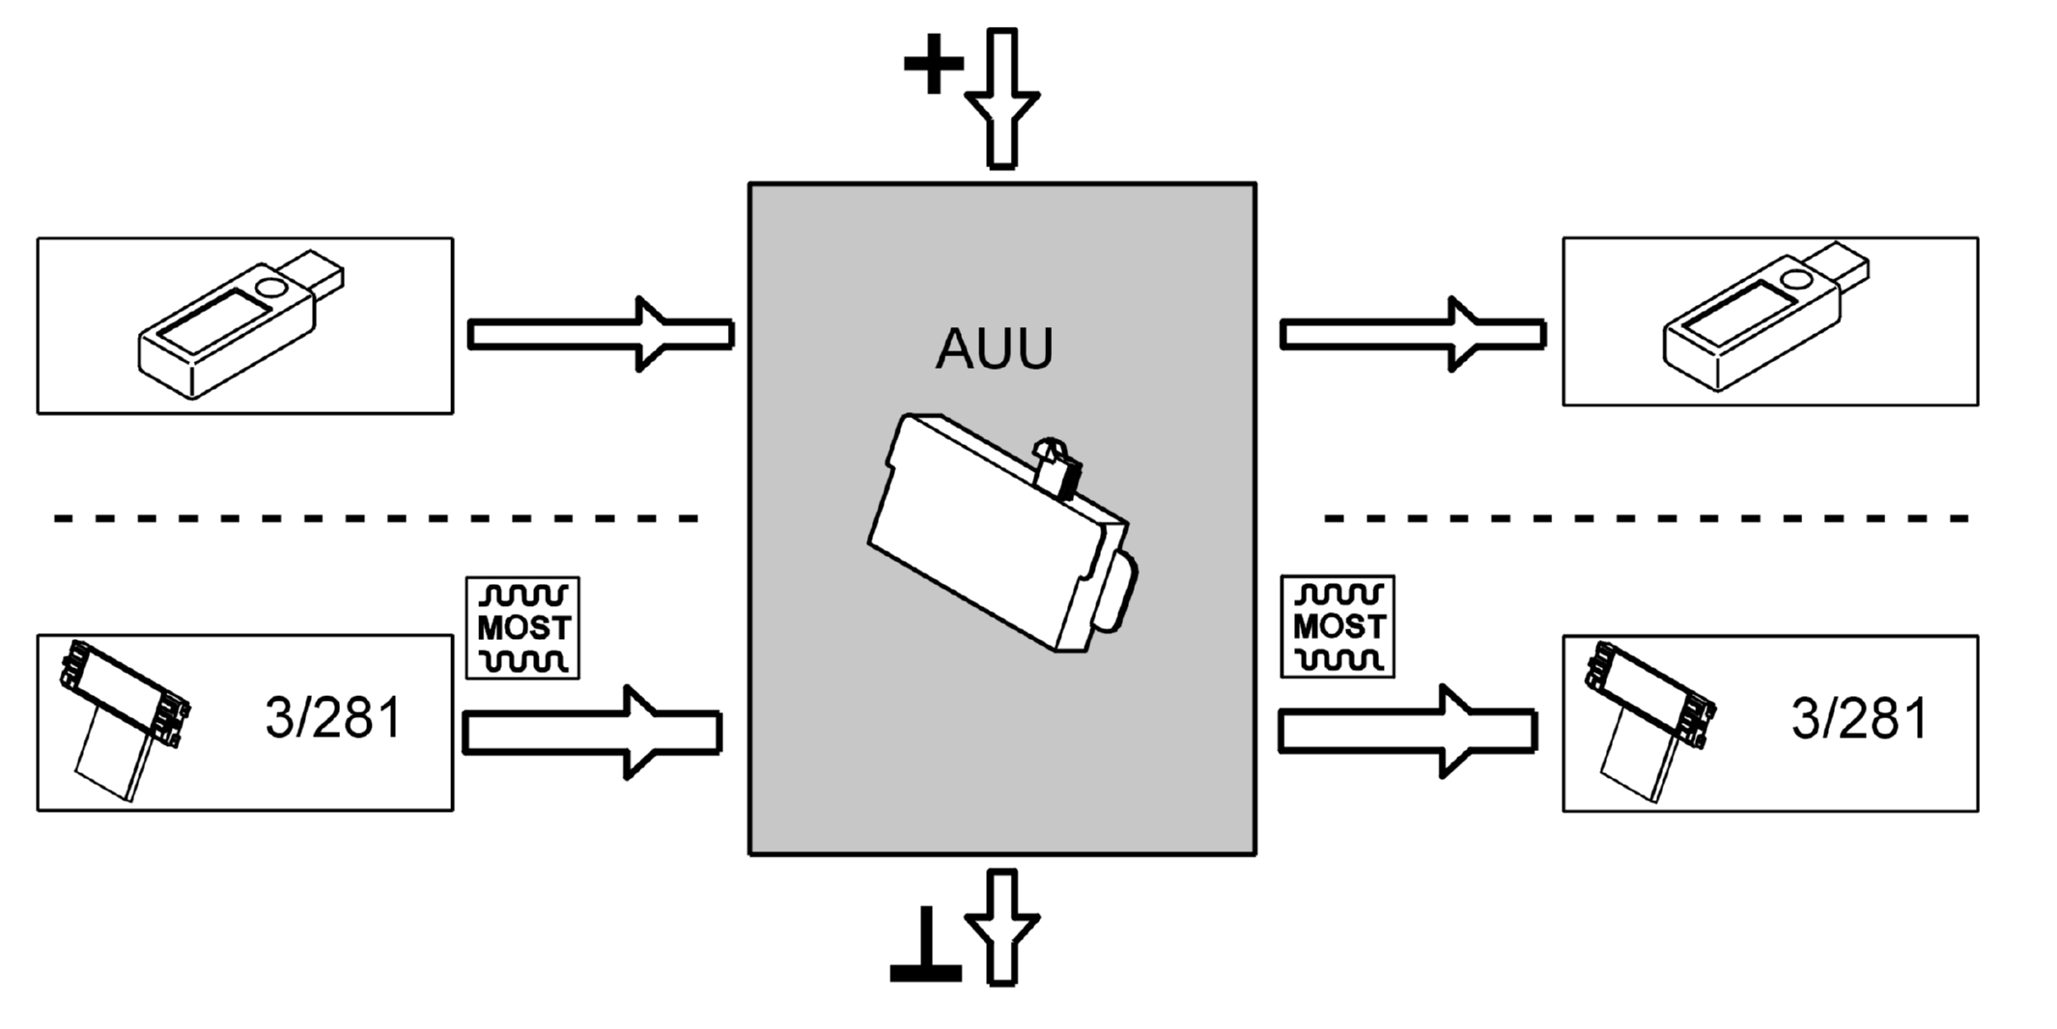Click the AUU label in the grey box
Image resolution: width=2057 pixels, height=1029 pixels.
coord(994,349)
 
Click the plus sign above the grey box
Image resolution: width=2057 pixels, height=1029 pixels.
coord(933,64)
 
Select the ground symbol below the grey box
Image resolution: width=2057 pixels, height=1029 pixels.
coord(926,945)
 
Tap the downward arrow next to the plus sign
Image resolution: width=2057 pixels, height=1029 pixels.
coord(1002,98)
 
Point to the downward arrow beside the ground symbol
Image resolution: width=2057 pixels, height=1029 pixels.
coord(1002,928)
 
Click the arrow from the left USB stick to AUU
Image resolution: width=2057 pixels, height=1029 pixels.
coord(601,334)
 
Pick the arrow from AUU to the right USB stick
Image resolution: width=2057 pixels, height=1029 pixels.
coord(1413,334)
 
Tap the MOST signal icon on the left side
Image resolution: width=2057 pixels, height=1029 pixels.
coord(522,628)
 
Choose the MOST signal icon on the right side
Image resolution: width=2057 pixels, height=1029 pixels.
coord(1338,626)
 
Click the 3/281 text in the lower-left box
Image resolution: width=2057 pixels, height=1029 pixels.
coord(333,719)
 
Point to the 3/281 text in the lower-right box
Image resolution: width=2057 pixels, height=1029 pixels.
coord(1860,720)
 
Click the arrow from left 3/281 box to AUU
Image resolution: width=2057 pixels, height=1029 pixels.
coord(593,732)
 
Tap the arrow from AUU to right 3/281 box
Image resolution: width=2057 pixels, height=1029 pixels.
coord(1408,731)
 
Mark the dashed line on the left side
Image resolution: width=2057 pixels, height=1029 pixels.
coord(376,519)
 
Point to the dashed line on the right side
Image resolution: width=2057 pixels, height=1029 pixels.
coord(1647,519)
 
